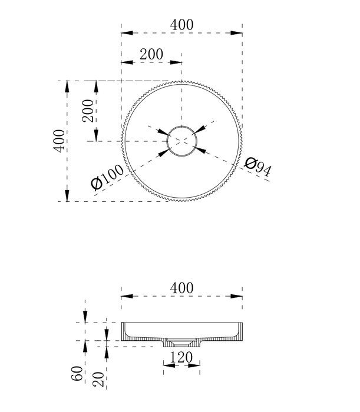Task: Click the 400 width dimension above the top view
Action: click(x=181, y=25)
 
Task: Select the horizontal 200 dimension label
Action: click(x=151, y=54)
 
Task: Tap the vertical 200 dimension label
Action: click(x=88, y=111)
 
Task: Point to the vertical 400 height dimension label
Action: click(x=59, y=141)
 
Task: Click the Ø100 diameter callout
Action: click(x=107, y=177)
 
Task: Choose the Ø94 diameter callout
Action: click(x=257, y=167)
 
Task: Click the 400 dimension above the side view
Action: click(x=181, y=288)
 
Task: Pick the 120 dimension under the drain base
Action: click(x=181, y=357)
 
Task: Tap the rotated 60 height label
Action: click(x=77, y=373)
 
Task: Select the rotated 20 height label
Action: click(x=98, y=379)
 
